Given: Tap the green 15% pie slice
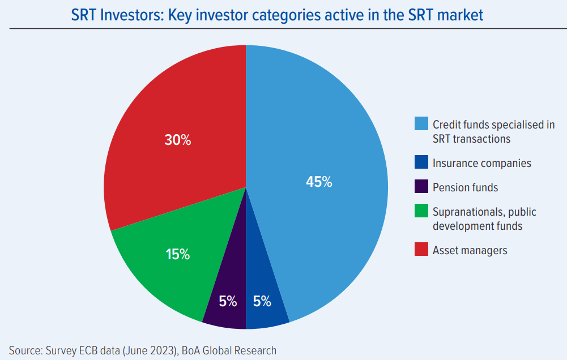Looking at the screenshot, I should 164,266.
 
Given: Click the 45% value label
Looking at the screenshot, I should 319,182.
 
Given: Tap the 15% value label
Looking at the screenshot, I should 178,254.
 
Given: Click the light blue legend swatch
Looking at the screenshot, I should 421,124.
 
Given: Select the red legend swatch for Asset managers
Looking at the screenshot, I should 421,250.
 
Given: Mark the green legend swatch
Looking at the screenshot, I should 421,212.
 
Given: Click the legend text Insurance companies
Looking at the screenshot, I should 481,163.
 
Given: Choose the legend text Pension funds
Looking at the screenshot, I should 465,187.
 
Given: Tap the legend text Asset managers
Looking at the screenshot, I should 470,250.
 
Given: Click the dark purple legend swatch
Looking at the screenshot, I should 421,187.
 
